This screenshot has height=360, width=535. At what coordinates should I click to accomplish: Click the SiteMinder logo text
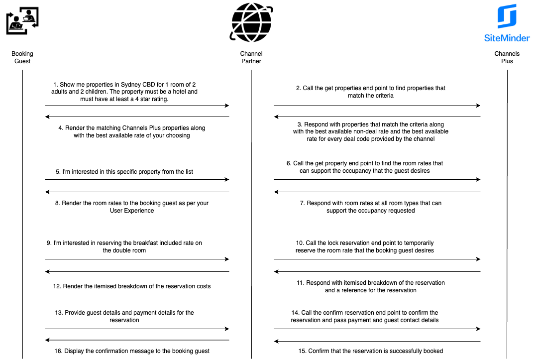(507, 37)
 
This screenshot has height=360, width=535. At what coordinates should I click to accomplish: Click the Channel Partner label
(251, 57)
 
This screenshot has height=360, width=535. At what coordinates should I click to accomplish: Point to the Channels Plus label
(507, 57)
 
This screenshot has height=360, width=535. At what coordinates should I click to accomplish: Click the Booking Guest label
(22, 57)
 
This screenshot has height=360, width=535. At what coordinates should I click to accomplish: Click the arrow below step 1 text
(137, 106)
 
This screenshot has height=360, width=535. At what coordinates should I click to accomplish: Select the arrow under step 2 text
(377, 106)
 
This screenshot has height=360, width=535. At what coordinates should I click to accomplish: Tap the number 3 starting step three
(300, 124)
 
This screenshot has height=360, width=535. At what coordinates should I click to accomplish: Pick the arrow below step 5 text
(137, 179)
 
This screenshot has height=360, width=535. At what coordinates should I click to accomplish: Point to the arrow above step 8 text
(137, 192)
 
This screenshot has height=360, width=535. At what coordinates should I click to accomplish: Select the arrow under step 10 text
(377, 259)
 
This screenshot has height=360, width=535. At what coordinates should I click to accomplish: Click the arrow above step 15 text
(377, 341)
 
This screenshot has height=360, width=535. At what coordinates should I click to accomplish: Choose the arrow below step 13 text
(137, 329)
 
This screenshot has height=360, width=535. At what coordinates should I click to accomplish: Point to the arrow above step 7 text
(377, 192)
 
